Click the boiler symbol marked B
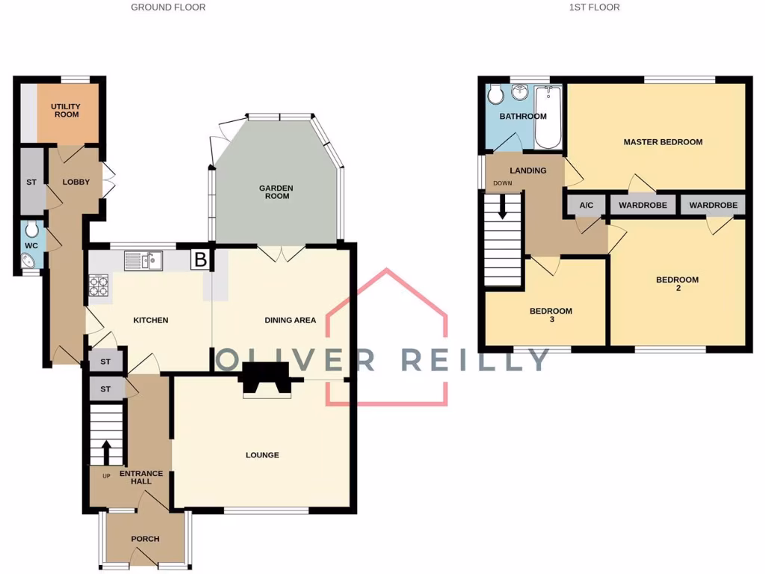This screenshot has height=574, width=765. click(x=200, y=259)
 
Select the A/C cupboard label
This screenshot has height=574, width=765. click(x=586, y=205)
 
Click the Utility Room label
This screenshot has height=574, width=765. click(x=66, y=111)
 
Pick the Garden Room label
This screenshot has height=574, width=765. click(x=276, y=192)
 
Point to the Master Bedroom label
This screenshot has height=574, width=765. click(x=663, y=142)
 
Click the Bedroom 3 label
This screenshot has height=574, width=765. click(x=551, y=315)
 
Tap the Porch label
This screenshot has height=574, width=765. click(x=145, y=539)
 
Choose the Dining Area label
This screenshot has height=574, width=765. click(x=291, y=320)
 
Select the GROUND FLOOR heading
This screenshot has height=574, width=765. click(x=168, y=7)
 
